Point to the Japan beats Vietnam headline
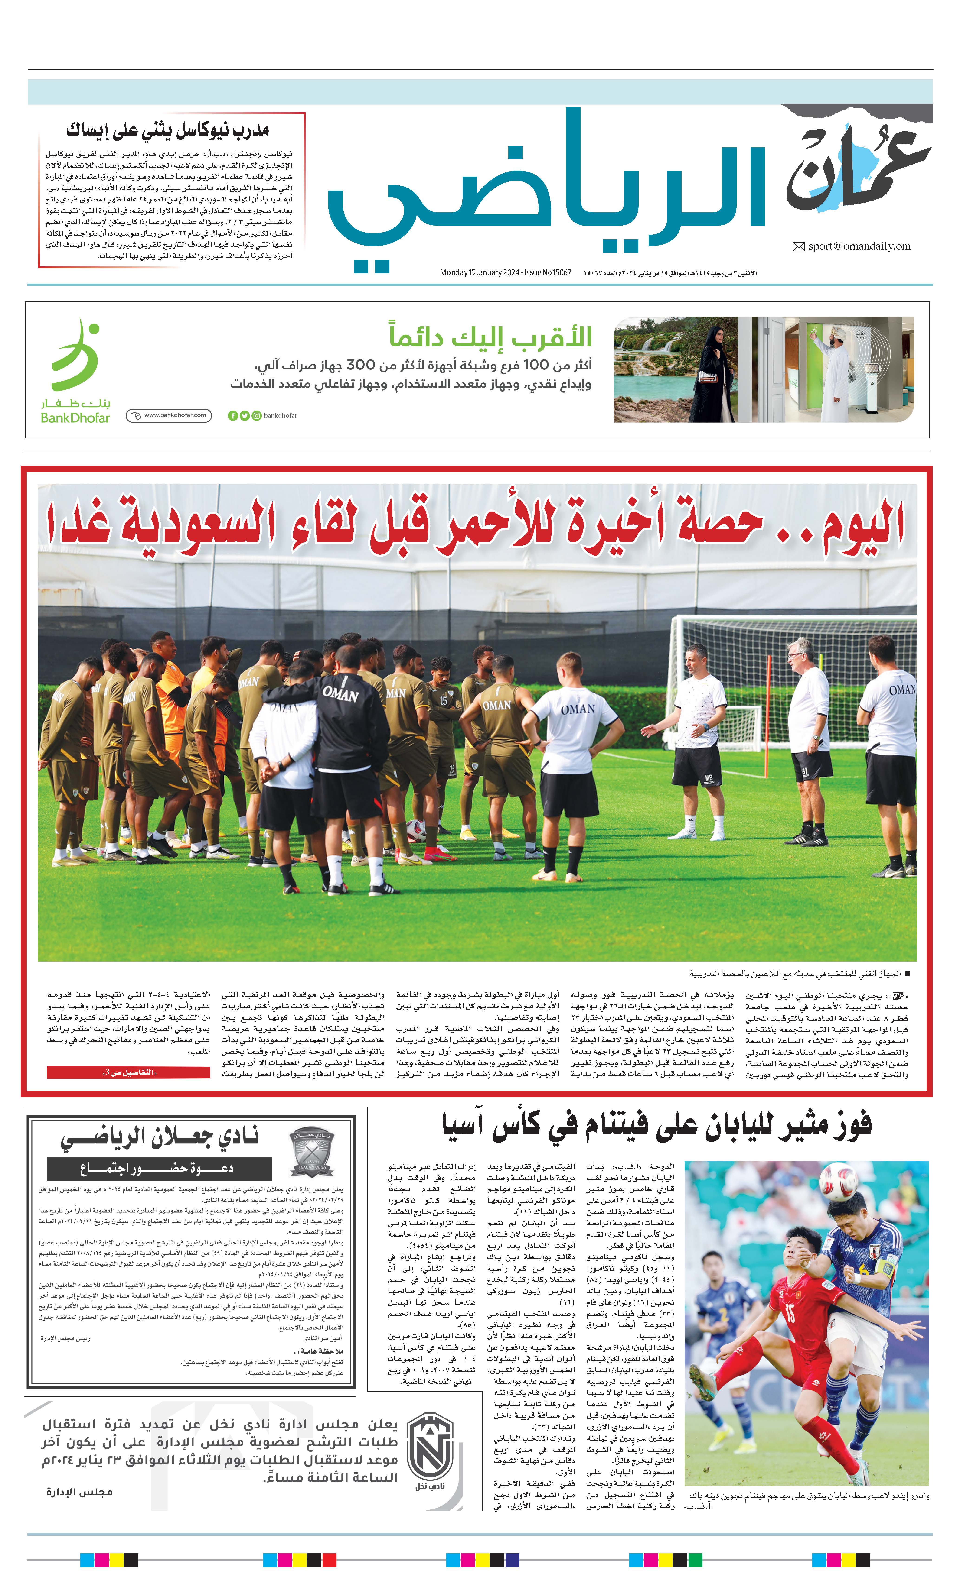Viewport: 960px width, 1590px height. [x=656, y=1124]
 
